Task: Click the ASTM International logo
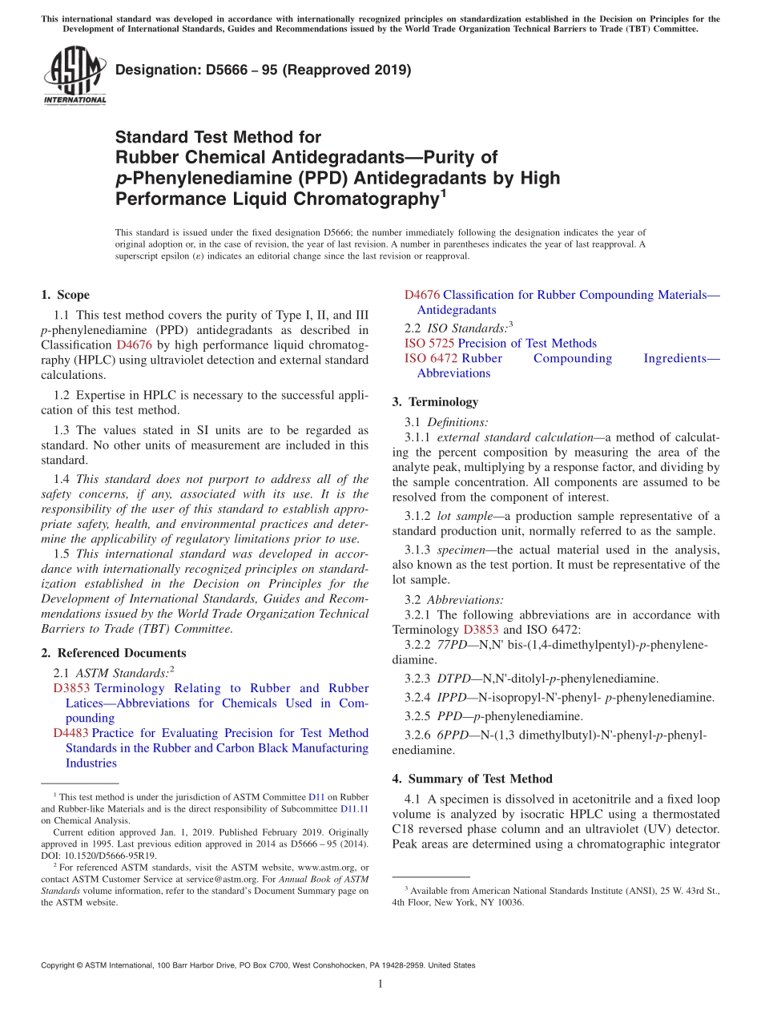click(74, 75)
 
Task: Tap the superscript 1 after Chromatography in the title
click(444, 193)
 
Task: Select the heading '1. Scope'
click(65, 295)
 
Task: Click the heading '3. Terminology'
click(435, 402)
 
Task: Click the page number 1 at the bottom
click(380, 985)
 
